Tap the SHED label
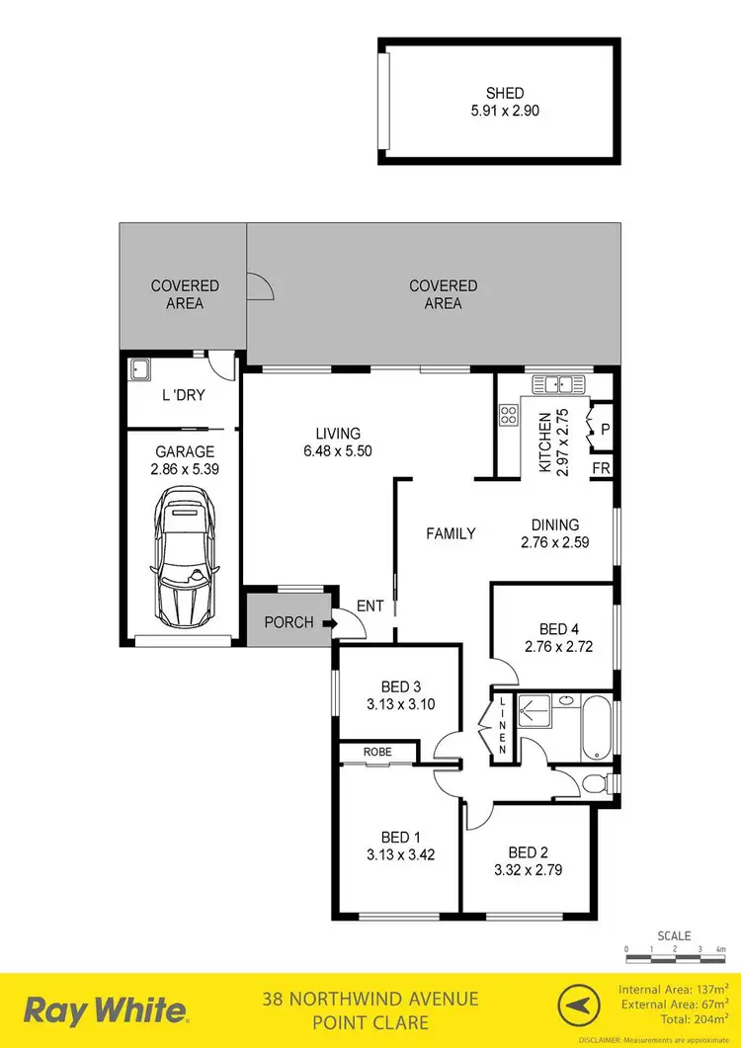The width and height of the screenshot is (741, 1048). coord(499,93)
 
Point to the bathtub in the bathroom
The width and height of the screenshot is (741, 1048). coord(597,730)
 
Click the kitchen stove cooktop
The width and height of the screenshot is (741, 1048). coord(508,415)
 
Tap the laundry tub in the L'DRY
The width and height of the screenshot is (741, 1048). coord(139,370)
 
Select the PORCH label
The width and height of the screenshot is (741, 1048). coord(288,622)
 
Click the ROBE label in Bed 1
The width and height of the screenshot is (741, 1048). coord(377,752)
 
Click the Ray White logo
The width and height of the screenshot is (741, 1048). coord(106,1010)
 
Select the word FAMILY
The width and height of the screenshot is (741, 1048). coord(451,533)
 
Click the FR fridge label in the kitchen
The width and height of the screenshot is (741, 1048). coord(601,468)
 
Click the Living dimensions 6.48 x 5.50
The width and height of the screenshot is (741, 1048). coord(338,450)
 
